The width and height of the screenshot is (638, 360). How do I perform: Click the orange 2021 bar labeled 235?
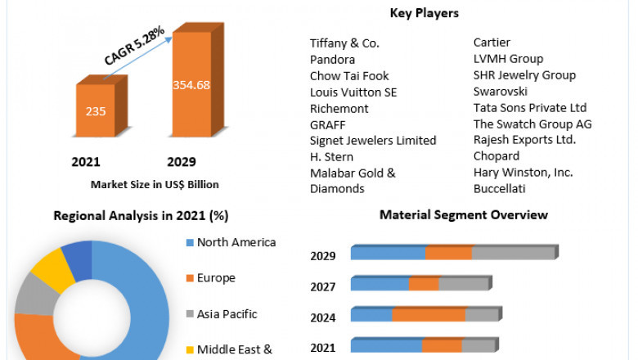point(96,110)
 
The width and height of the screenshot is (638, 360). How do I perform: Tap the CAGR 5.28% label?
point(134,46)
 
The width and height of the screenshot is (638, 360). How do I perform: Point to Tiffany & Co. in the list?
point(344,43)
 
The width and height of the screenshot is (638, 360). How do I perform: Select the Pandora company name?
point(332,59)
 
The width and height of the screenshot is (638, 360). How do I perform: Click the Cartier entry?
point(492,43)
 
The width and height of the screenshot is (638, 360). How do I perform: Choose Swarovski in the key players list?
point(501,91)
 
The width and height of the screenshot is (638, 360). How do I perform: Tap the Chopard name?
point(496,155)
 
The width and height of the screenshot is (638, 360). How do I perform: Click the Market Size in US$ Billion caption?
point(155,184)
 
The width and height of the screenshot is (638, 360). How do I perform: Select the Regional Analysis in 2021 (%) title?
point(141,216)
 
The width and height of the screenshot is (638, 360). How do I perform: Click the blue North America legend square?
point(190,243)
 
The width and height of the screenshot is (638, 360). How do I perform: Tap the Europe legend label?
point(216,278)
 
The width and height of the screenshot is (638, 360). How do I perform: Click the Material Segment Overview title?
point(464,215)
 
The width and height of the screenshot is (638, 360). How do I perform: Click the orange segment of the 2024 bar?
point(428,315)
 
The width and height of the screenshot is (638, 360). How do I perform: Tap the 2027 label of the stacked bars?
point(323,287)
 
